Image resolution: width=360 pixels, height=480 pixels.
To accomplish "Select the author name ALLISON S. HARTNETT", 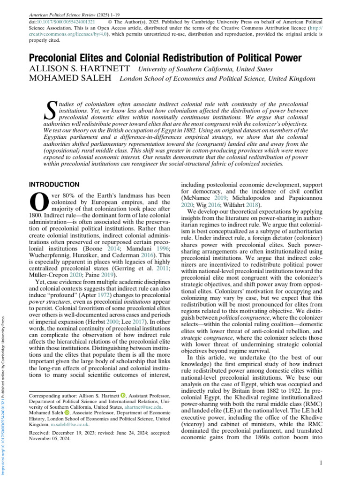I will pyautogui.click(x=81, y=69).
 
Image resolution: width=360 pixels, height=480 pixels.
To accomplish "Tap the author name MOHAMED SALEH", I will pyautogui.click(x=71, y=78).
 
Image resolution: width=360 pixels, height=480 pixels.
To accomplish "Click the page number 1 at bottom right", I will pyautogui.click(x=320, y=463).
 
